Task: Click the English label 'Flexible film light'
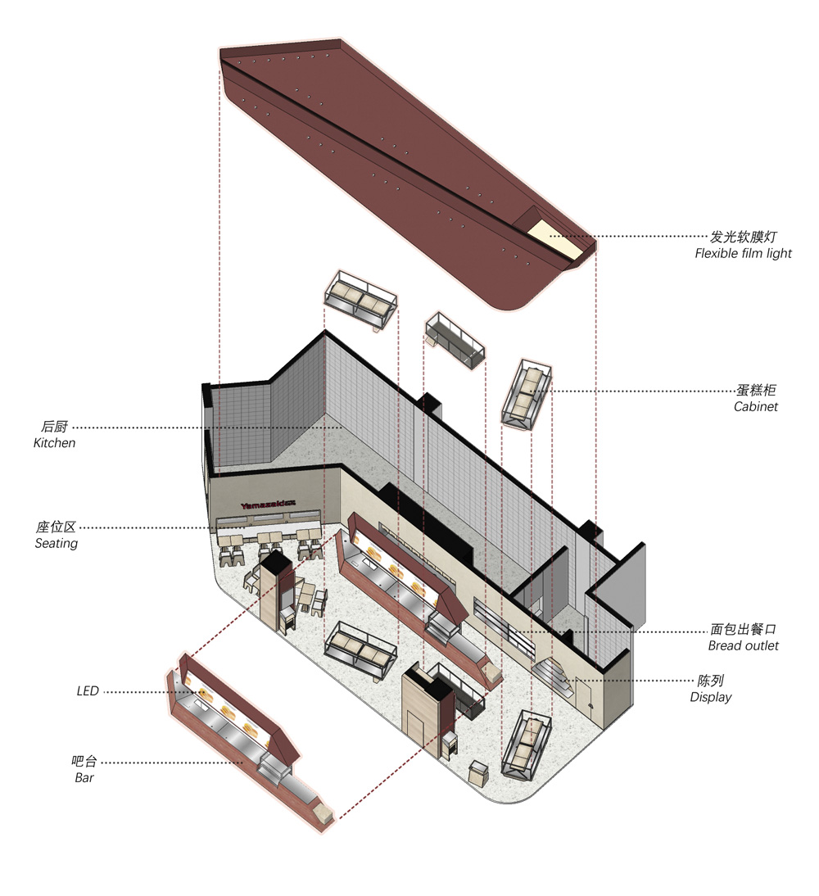tap(743, 253)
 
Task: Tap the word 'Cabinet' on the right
tap(756, 406)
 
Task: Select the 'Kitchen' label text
tap(54, 443)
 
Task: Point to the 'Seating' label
tap(56, 544)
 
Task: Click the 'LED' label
tap(88, 691)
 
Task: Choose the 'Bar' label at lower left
tap(84, 778)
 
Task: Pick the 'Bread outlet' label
tap(743, 645)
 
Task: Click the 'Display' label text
tap(710, 697)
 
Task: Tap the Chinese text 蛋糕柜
tap(756, 391)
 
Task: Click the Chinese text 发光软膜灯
tap(743, 237)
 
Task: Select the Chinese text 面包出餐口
tap(743, 629)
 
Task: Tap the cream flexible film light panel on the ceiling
tap(554, 239)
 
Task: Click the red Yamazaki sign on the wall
tap(268, 505)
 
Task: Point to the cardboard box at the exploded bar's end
tap(323, 812)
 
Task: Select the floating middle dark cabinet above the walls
tap(455, 340)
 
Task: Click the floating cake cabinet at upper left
tap(360, 300)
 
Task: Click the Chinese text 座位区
tap(56, 527)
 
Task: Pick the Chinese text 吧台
tap(84, 762)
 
